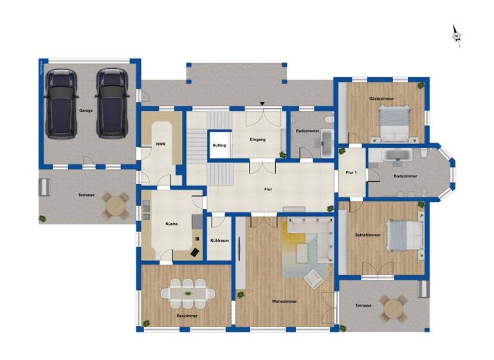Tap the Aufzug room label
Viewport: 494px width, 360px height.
(x=219, y=146)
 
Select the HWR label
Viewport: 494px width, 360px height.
(x=161, y=144)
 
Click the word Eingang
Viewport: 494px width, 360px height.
(x=257, y=139)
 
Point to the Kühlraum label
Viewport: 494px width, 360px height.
(x=220, y=240)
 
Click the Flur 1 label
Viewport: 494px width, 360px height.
(x=351, y=173)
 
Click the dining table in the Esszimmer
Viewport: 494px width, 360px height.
(x=188, y=293)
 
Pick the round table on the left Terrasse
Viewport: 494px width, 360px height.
(x=116, y=206)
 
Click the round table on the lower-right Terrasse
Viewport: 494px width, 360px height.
(x=392, y=309)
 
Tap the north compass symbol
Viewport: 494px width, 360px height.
(x=457, y=36)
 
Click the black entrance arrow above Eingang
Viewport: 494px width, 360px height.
(x=262, y=104)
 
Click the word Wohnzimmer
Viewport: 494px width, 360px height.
(x=284, y=301)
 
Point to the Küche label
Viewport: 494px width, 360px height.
(x=171, y=224)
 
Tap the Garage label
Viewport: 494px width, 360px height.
(x=86, y=111)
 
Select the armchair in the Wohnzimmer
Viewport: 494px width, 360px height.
(x=313, y=278)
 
